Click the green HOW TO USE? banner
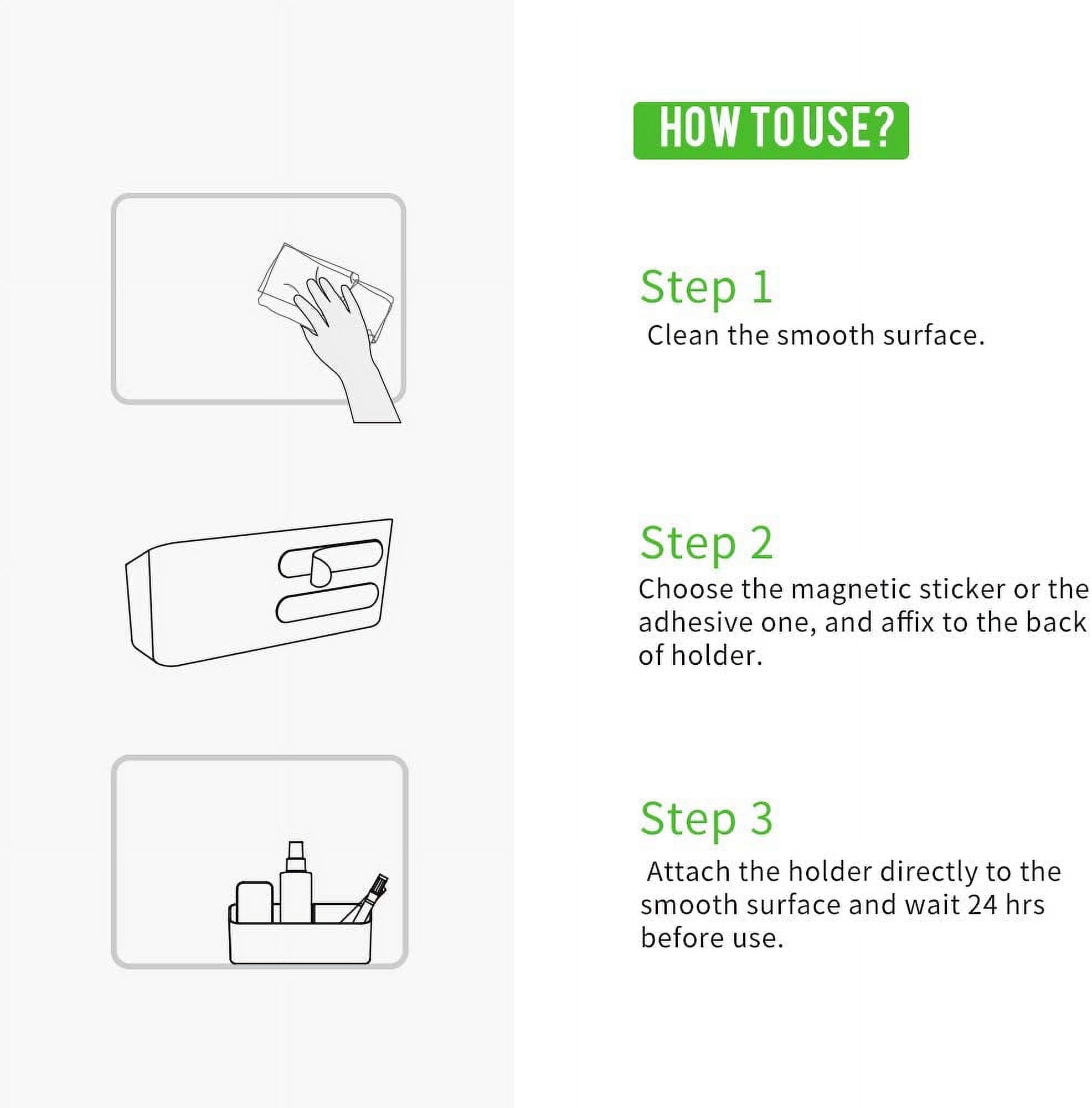click(770, 130)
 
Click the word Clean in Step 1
click(683, 335)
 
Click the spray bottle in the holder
click(296, 882)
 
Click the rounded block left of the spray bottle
click(255, 902)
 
